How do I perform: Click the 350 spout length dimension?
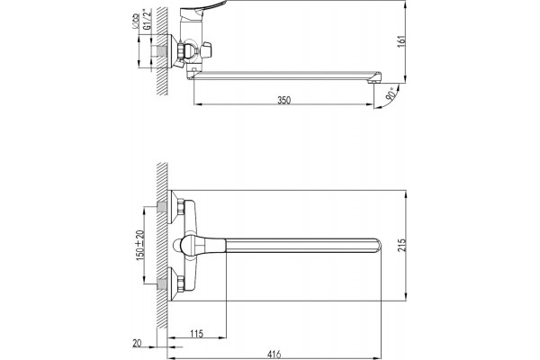284,100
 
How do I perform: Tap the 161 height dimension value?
402,41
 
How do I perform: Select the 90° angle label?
391,94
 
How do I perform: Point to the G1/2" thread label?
147,21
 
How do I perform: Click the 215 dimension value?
402,245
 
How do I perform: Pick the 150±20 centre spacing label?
140,245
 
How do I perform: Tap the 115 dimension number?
196,334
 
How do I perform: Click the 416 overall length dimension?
274,354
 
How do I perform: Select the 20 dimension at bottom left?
137,343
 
